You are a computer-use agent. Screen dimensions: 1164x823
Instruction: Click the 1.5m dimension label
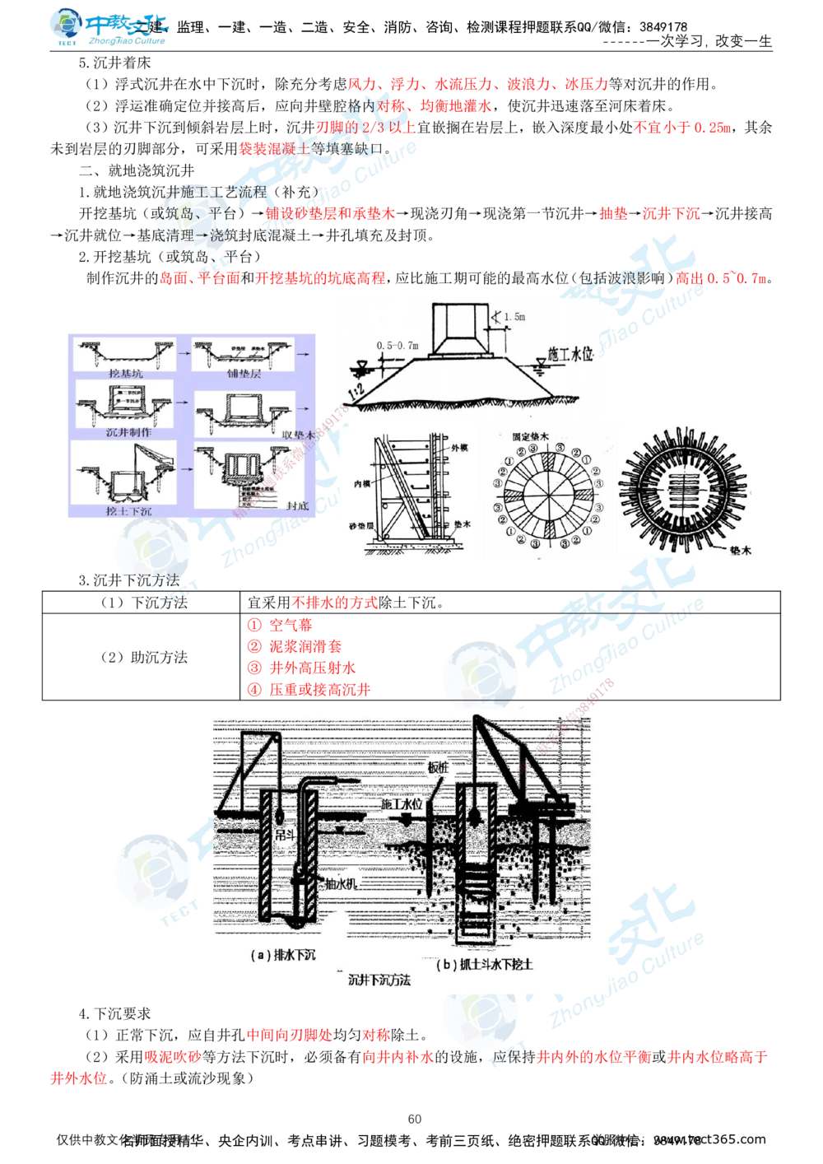pos(514,316)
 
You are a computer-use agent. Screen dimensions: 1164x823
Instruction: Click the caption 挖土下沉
pos(129,510)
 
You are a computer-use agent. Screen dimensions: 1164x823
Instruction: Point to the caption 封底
pos(293,505)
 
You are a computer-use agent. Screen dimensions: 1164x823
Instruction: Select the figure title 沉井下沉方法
pos(379,980)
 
